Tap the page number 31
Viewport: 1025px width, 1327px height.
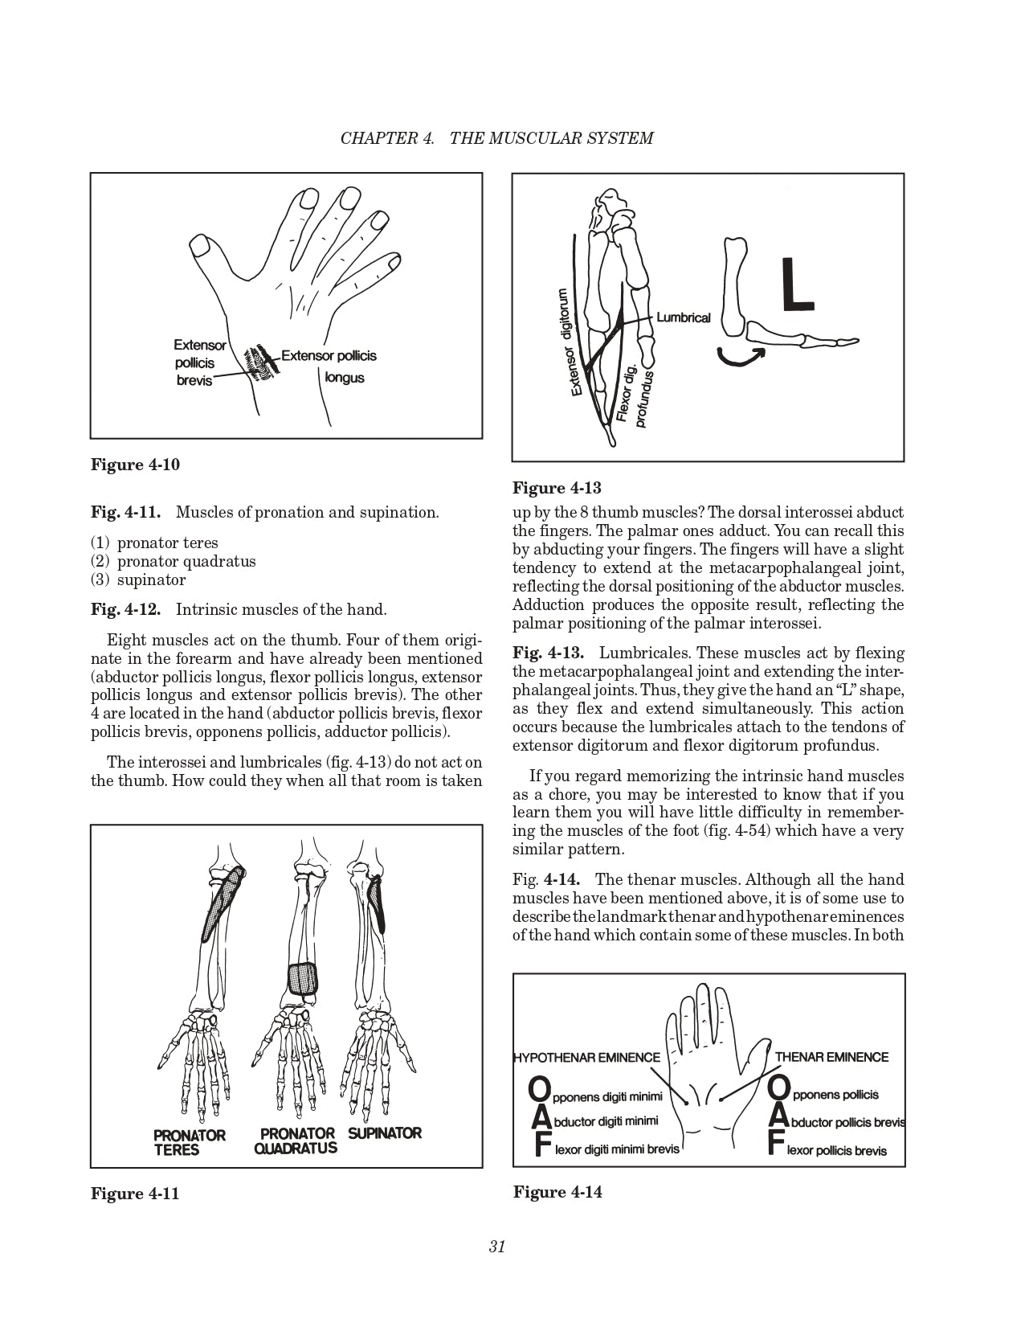coord(496,1247)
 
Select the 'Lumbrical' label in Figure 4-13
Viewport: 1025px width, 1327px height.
coord(683,317)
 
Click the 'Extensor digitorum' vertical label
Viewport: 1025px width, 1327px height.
coord(570,342)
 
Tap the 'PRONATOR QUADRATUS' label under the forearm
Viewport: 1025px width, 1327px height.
coord(296,1141)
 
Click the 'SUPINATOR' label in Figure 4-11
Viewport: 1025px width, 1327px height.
coord(385,1132)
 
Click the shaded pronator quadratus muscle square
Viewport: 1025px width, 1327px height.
coord(303,979)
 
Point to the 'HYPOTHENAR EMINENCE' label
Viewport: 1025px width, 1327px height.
coord(586,1057)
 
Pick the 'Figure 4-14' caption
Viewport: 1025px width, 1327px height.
coord(557,1191)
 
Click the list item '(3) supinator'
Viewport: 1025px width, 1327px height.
coord(138,580)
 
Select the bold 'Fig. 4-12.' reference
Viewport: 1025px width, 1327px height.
coord(125,609)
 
